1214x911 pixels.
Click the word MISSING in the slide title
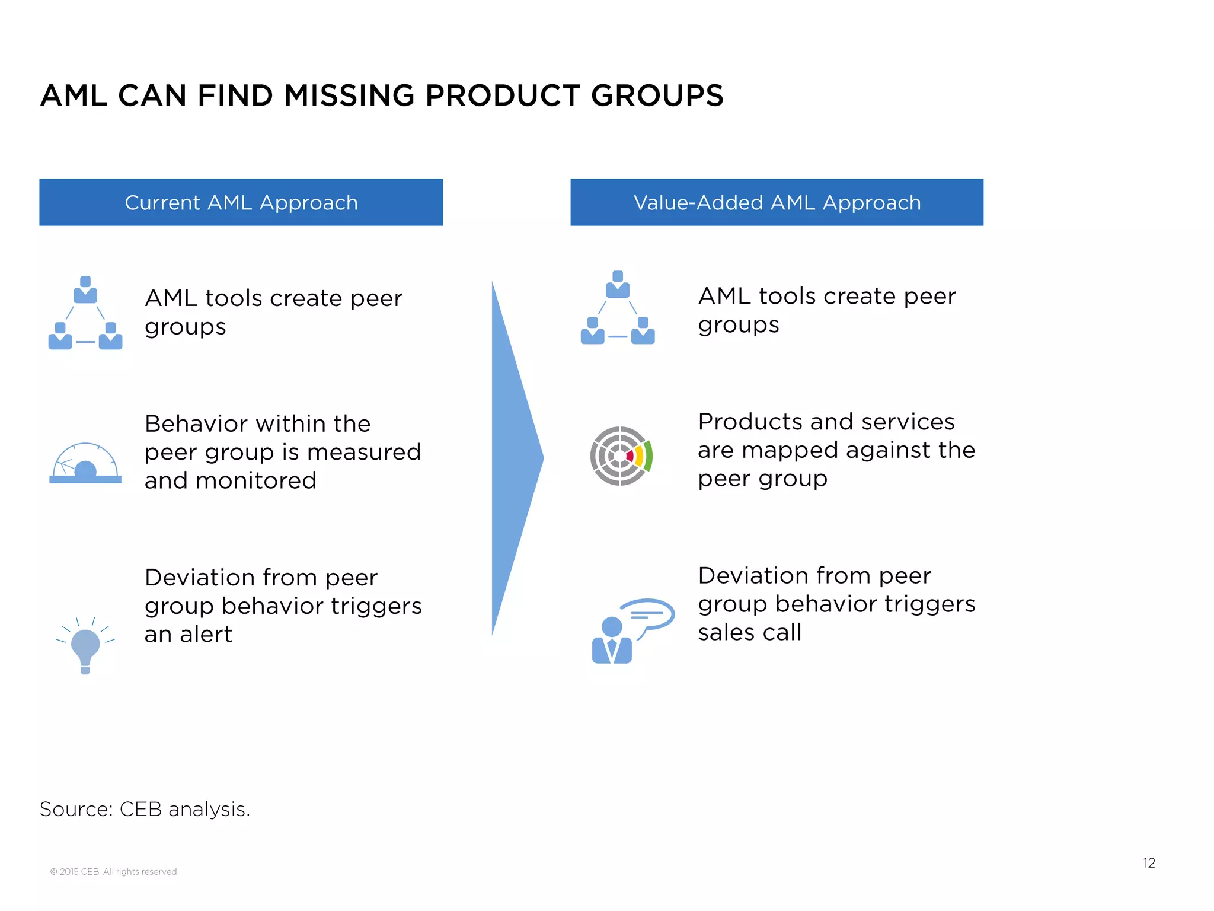pos(349,95)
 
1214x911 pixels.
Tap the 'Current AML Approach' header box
pos(241,202)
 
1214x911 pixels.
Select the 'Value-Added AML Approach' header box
pos(777,202)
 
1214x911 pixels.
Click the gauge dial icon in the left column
pos(85,464)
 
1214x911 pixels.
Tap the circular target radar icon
pos(621,456)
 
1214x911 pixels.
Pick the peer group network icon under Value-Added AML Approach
pos(618,308)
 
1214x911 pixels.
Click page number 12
pos(1149,863)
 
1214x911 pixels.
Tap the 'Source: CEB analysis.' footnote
pos(145,809)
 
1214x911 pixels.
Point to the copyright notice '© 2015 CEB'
pos(114,871)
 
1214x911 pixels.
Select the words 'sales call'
pos(749,632)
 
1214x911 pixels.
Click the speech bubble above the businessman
pos(648,614)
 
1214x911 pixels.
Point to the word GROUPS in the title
pos(657,95)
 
